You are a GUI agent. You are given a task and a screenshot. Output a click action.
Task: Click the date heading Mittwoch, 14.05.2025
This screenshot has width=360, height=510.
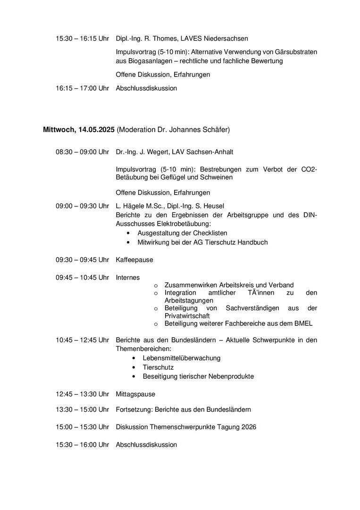click(x=79, y=129)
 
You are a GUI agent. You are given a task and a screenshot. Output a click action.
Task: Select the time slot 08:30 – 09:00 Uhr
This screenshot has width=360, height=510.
click(x=82, y=152)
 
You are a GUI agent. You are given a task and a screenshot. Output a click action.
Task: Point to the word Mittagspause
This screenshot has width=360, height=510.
click(x=135, y=394)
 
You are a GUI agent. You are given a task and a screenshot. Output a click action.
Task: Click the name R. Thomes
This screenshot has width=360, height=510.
click(x=159, y=38)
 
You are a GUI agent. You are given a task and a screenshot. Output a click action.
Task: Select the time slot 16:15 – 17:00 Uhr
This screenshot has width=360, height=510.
click(x=82, y=88)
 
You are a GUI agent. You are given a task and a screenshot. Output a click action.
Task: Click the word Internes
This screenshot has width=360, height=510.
click(x=128, y=278)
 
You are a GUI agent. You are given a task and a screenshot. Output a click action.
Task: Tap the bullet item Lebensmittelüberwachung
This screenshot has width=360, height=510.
click(x=182, y=358)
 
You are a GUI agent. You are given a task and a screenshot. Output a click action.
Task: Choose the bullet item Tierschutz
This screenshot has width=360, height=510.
click(x=158, y=367)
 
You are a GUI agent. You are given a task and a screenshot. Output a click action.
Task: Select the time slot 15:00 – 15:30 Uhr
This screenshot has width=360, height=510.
click(x=82, y=427)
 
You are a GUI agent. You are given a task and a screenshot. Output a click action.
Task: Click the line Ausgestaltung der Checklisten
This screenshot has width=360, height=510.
click(x=182, y=233)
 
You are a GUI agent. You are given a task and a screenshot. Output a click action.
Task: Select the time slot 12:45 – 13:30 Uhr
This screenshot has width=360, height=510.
click(x=82, y=394)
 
